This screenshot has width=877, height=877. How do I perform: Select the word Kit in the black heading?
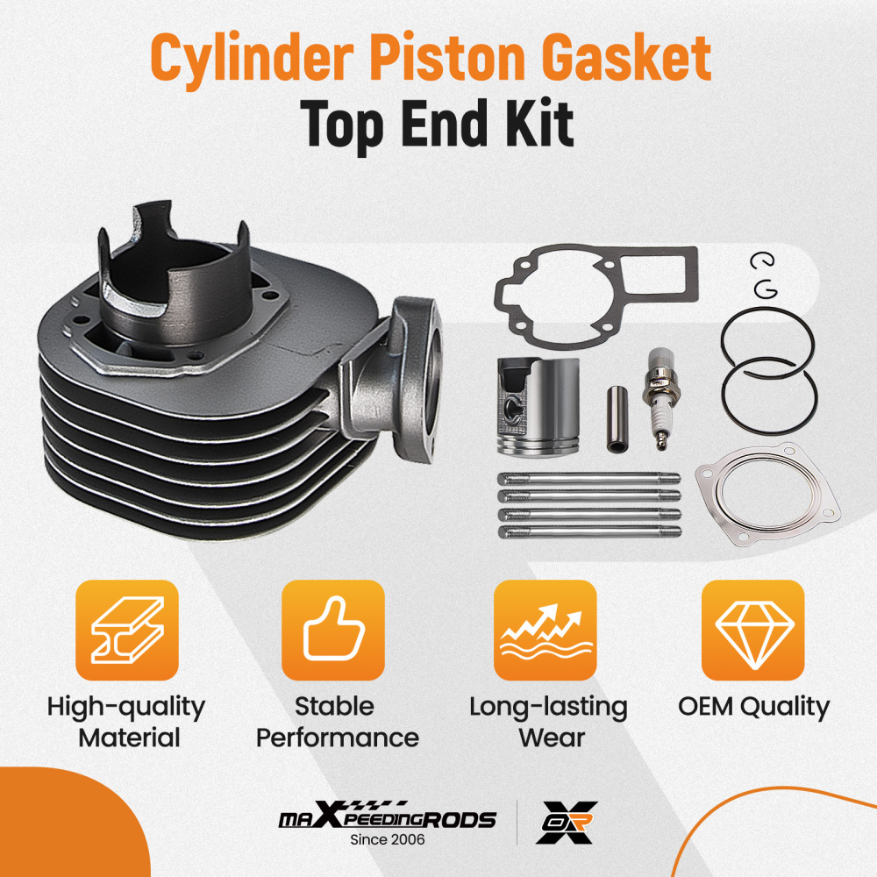point(539,125)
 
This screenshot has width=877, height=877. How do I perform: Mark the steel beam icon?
point(126,631)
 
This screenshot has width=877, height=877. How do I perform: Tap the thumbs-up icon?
point(332,631)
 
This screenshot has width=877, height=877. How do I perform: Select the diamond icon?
point(753,631)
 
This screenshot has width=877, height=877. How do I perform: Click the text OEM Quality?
point(753,706)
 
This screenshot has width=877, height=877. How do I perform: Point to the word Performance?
point(337,737)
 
